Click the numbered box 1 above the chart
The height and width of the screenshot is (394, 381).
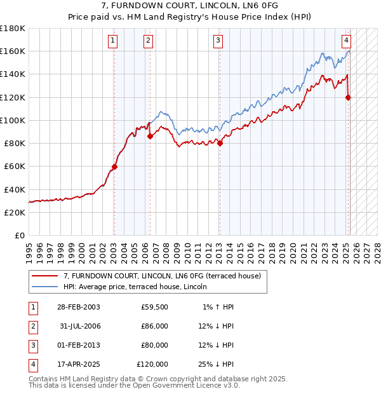(112, 41)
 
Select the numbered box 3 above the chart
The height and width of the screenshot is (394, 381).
(218, 41)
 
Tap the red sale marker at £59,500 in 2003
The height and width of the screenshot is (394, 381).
(114, 167)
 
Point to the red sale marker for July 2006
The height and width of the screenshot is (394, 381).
(150, 136)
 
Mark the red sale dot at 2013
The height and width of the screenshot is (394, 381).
(220, 143)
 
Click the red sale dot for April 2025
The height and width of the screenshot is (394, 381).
(348, 97)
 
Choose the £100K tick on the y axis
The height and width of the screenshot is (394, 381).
(13, 120)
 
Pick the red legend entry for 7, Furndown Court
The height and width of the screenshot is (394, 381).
(162, 276)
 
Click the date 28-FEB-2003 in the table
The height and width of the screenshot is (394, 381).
(78, 307)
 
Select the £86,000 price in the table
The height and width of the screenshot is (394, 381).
(154, 326)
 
